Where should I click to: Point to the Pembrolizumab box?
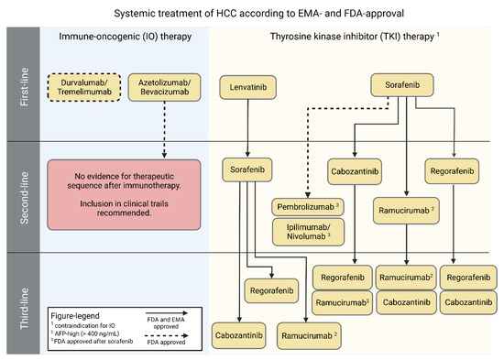tap(312, 207)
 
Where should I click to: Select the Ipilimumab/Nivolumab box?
tap(312, 231)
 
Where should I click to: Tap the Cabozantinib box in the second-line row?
tap(355, 170)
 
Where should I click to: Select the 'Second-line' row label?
tap(19, 197)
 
